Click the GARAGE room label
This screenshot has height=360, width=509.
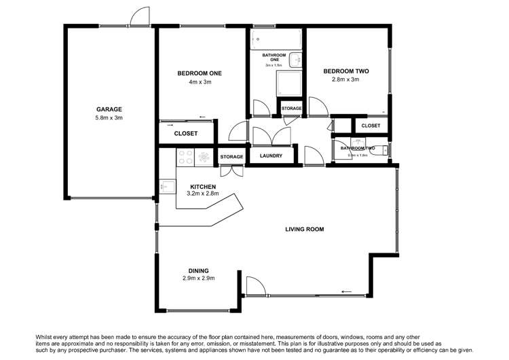[109, 109]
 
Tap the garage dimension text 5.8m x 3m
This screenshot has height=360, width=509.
[109, 118]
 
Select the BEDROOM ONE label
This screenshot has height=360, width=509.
[200, 73]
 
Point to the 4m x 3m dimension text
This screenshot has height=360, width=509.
[200, 82]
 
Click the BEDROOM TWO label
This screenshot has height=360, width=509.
[346, 71]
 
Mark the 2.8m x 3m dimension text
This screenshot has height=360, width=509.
[346, 79]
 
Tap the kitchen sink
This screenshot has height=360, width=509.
[165, 185]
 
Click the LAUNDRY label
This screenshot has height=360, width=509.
[272, 156]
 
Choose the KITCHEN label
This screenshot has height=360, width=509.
[202, 187]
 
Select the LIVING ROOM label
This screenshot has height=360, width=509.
[304, 230]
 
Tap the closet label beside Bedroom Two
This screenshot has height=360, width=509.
[371, 126]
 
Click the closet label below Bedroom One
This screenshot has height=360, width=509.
[185, 134]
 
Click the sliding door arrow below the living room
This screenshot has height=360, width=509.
[346, 292]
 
